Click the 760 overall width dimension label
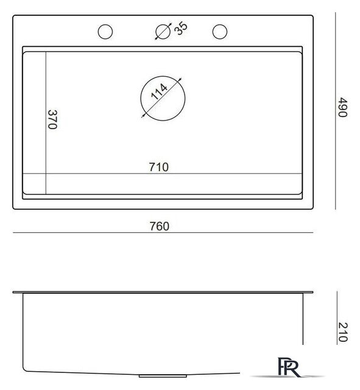[160, 226]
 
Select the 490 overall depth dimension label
[342, 107]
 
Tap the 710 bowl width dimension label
[158, 167]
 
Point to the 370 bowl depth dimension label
[52, 119]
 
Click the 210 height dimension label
[343, 332]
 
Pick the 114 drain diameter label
[160, 91]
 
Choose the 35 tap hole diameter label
[181, 29]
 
